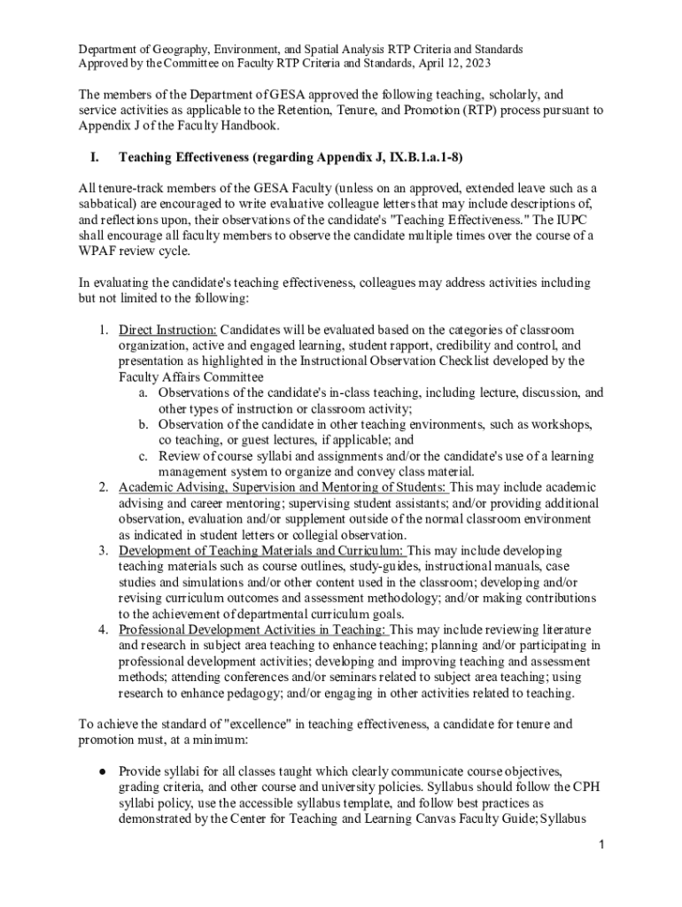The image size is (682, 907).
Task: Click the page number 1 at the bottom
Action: click(x=600, y=846)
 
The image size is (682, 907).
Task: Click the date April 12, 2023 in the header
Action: click(x=450, y=64)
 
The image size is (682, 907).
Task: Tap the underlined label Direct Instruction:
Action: click(x=167, y=329)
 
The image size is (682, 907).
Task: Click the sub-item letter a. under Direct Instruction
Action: click(x=143, y=392)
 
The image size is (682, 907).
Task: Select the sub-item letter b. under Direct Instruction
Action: click(x=143, y=424)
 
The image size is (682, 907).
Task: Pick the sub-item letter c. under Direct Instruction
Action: click(x=143, y=455)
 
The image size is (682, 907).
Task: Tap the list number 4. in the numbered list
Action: click(x=104, y=629)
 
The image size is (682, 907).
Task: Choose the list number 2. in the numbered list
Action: click(x=104, y=487)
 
